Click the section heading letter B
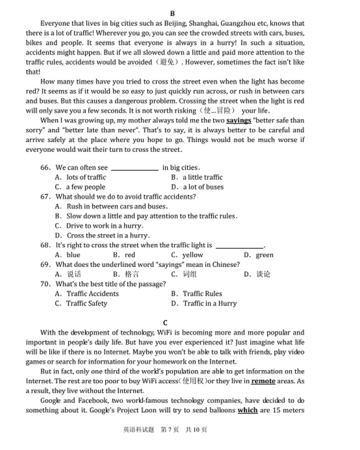point(173,14)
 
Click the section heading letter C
point(165,323)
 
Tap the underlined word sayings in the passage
point(239,120)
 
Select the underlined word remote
point(263,381)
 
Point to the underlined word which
point(247,411)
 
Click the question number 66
point(45,168)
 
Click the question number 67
point(45,197)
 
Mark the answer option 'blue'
point(73,255)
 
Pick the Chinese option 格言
point(132,274)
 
